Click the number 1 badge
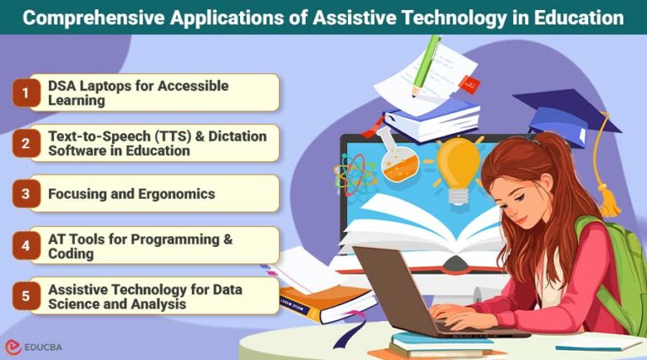[x=25, y=93]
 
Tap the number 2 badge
[x=25, y=143]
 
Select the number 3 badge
[x=25, y=194]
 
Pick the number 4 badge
[x=25, y=244]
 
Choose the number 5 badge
[x=25, y=296]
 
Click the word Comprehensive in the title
[x=94, y=17]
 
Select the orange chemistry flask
[x=393, y=159]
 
